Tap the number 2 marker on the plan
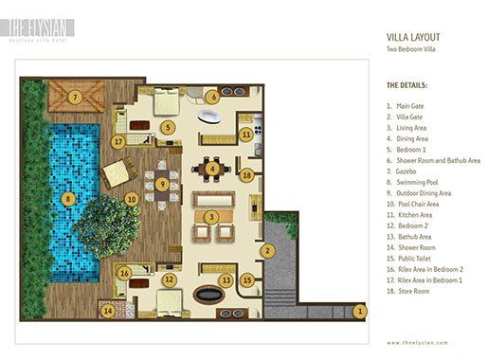pos(268,251)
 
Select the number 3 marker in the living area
pos(213,217)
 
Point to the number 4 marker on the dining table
pos(213,170)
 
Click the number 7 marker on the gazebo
pos(73,96)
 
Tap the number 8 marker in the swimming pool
pos(68,199)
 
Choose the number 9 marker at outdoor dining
pos(162,183)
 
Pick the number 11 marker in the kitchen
pos(245,136)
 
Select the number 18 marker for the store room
pos(246,175)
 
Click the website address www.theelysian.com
pos(417,341)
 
